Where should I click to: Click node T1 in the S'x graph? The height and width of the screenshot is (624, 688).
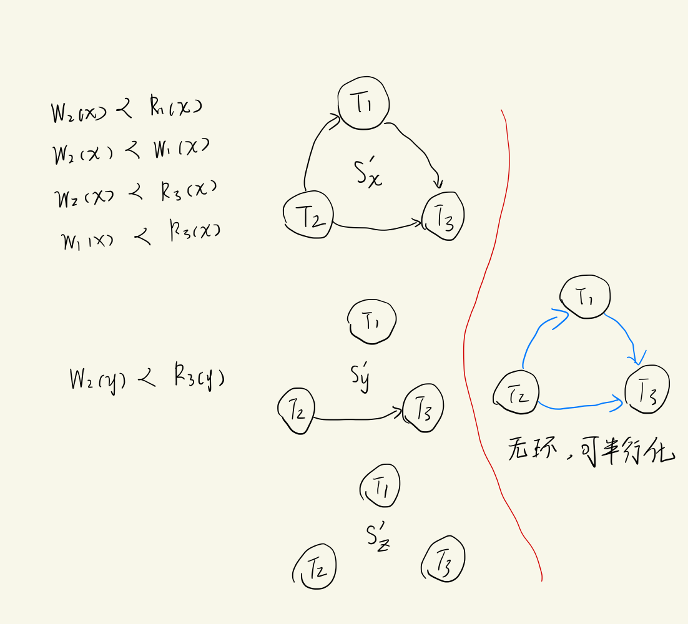pos(364,104)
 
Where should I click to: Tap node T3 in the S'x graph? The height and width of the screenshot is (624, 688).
pos(443,216)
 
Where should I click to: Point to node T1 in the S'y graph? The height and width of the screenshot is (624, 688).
pos(372,322)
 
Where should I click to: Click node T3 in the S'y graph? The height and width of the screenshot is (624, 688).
pos(424,409)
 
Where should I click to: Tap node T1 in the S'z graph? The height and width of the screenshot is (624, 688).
pos(381,485)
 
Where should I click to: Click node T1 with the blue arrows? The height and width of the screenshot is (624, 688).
pos(585,298)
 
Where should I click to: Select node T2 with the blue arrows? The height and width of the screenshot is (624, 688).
pos(516,394)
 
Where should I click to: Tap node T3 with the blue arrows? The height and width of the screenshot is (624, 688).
pos(647,389)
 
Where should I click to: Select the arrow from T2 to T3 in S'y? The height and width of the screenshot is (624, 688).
pos(356,417)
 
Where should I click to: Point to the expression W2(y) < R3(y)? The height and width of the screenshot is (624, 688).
pos(147,379)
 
